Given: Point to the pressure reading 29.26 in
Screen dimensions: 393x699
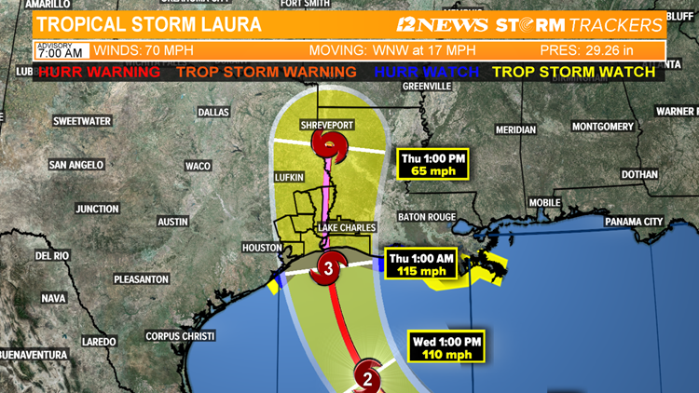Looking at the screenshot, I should [x=600, y=50].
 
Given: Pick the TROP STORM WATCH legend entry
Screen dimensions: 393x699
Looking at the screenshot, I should [x=577, y=72].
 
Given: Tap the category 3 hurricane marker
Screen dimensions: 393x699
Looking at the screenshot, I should [x=328, y=269].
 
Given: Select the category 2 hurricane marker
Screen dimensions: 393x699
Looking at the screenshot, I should [x=367, y=377].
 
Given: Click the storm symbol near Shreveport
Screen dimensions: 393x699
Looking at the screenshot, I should [x=327, y=144].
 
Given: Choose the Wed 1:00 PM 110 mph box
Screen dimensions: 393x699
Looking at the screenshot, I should [x=447, y=347].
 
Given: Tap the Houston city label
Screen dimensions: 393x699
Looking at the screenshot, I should [x=261, y=248].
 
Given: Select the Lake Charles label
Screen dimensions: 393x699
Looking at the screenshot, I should [x=347, y=227].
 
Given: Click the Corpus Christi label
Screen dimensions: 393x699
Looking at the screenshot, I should [x=180, y=336].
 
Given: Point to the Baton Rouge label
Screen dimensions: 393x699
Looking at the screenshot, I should [x=426, y=217].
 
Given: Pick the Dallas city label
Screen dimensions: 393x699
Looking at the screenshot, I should [x=213, y=113].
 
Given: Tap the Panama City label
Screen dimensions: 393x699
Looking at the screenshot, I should [x=634, y=222].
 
